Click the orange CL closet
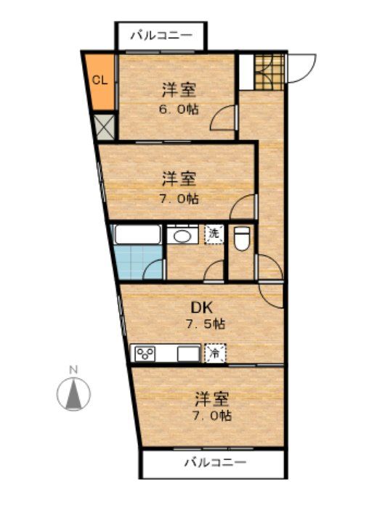click(x=100, y=80)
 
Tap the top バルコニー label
click(x=161, y=35)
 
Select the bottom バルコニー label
click(x=214, y=461)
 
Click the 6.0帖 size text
click(x=179, y=110)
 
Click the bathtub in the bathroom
click(x=137, y=235)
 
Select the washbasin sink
click(x=183, y=235)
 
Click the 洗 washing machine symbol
click(x=214, y=234)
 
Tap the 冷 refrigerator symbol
click(x=216, y=353)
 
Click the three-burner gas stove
click(x=144, y=354)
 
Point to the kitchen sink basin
click(x=189, y=354)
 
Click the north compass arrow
click(x=73, y=395)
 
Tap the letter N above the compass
click(x=73, y=370)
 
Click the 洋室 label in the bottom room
click(x=213, y=398)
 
